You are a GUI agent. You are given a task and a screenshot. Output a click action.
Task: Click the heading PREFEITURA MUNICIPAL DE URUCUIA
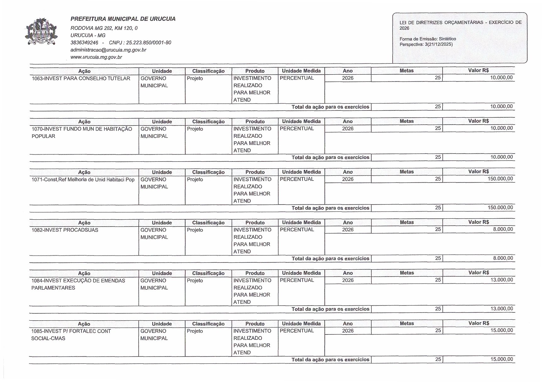coord(123,19)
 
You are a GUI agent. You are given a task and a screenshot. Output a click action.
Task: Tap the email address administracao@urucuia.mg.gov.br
coord(108,50)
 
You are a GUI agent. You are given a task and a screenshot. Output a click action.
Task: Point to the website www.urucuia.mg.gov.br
coord(96,57)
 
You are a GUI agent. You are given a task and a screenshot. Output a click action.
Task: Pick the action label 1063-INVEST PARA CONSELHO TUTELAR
coord(81,78)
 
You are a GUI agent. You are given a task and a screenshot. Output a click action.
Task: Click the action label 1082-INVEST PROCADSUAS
coord(65,230)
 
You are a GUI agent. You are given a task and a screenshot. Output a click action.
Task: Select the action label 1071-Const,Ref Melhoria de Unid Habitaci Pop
coord(83,179)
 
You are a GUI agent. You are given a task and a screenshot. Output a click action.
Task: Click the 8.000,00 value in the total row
coord(503,258)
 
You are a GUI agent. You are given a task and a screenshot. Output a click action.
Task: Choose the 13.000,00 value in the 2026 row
coord(501,280)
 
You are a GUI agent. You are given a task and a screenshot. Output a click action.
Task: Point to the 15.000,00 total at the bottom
coord(501,359)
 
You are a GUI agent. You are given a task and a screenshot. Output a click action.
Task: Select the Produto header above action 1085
coord(255,323)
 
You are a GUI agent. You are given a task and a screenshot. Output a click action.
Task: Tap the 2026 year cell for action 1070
coord(348,128)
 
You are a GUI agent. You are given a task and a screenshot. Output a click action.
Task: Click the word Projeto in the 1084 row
coord(195,280)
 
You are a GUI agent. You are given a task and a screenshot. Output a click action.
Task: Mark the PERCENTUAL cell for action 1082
coord(297,230)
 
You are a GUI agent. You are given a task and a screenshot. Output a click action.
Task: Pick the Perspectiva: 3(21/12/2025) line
coord(426,44)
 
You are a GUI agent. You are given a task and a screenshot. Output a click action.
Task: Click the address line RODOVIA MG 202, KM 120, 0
coord(104,28)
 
